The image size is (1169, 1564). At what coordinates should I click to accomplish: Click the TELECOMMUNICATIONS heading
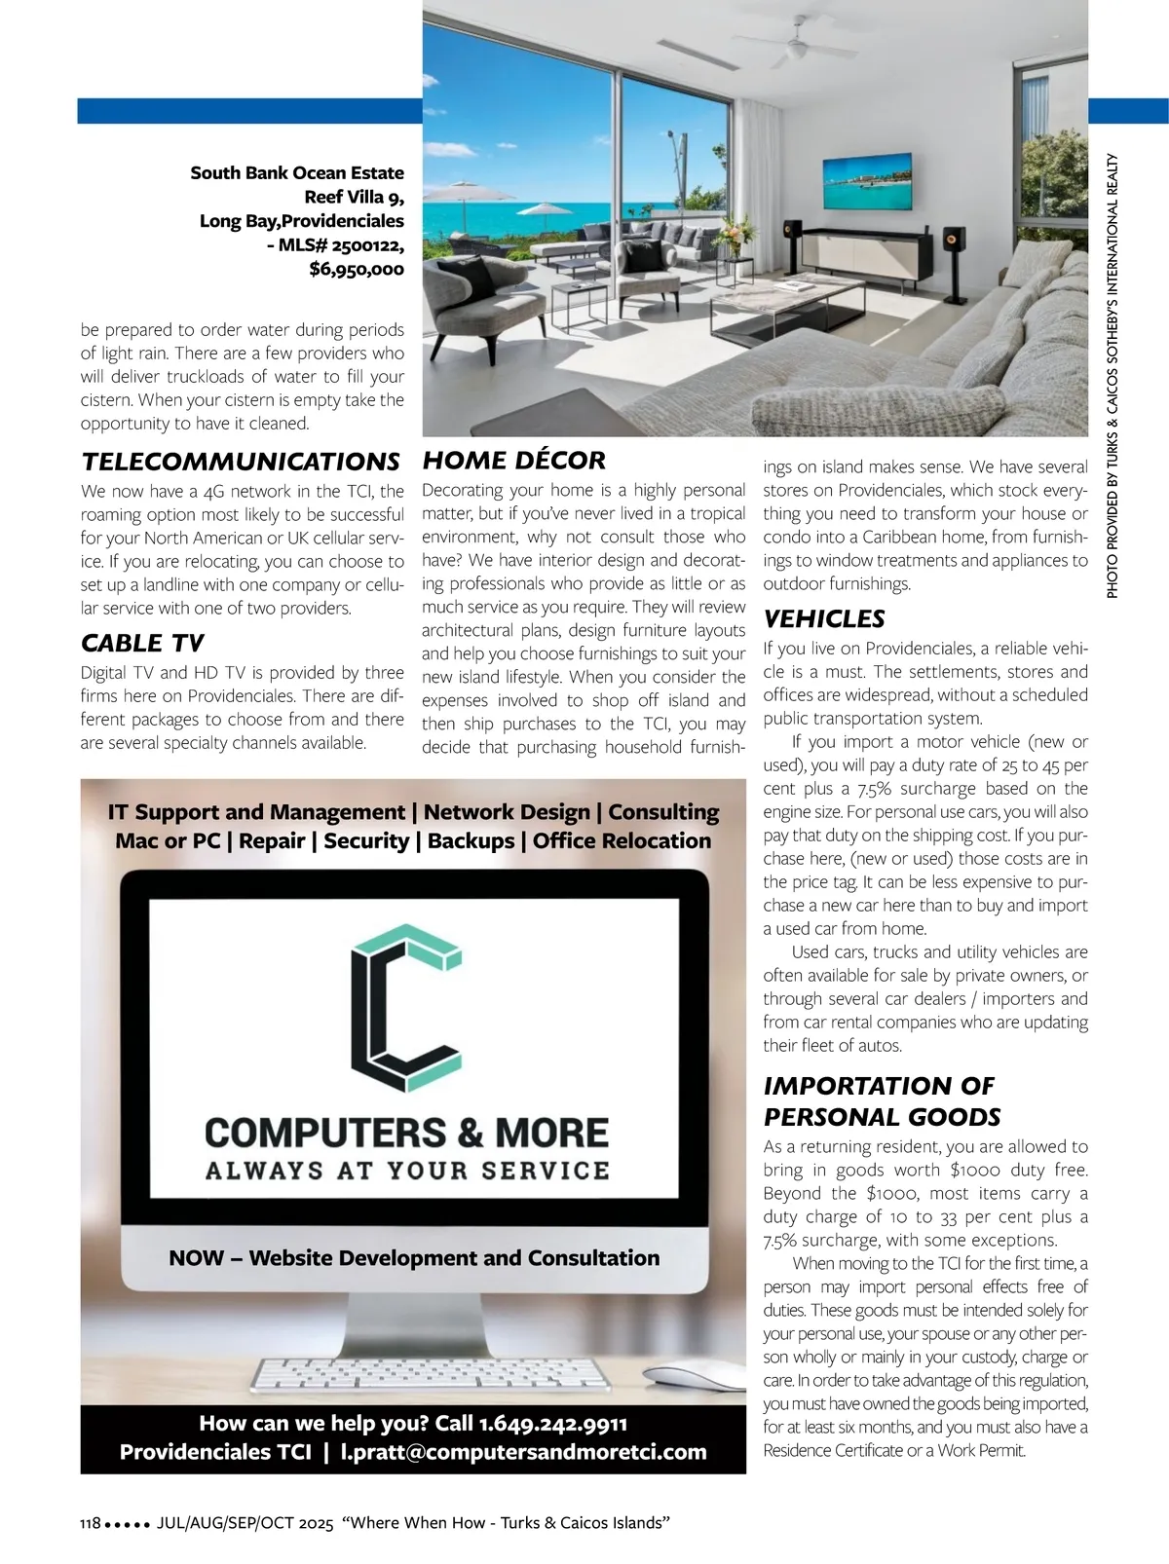[x=241, y=461]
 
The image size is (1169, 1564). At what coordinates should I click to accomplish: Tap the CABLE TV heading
[x=142, y=643]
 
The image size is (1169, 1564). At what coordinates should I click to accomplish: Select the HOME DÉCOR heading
[x=513, y=460]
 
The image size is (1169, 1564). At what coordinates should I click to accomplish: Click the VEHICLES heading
[x=824, y=618]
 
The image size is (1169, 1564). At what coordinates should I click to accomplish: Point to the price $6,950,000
[x=357, y=269]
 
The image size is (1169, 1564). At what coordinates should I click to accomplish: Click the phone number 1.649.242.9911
[x=553, y=1423]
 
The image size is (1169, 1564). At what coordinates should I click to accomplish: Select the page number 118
[x=90, y=1523]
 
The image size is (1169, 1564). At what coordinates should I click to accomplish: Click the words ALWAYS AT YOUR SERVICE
[x=407, y=1170]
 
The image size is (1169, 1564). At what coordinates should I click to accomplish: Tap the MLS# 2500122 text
[x=342, y=244]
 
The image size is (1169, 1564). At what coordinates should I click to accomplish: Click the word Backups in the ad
[x=471, y=840]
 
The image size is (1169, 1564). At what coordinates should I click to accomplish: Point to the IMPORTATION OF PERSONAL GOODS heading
[x=882, y=1100]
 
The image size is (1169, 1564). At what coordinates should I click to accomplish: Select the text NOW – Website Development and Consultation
[x=414, y=1257]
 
